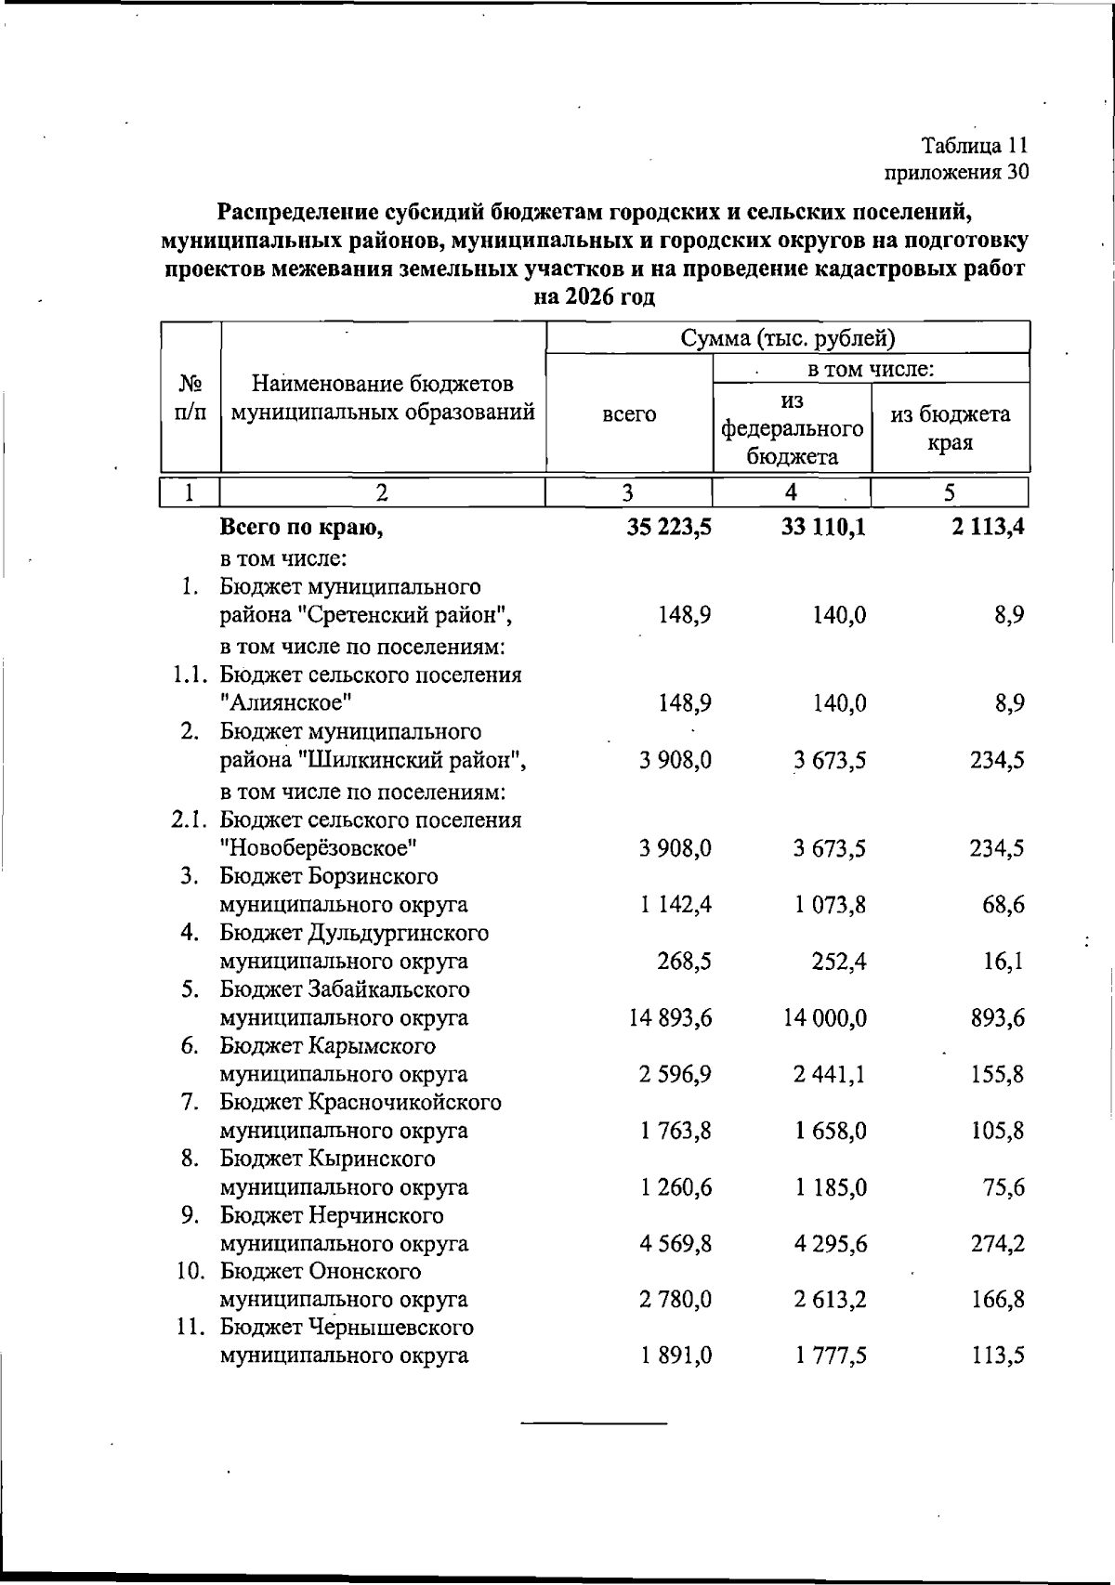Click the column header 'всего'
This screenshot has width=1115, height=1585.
click(629, 415)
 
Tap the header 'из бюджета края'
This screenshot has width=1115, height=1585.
click(950, 427)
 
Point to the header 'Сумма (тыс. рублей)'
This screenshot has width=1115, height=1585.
click(787, 337)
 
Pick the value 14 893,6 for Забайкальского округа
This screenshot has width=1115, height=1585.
click(671, 1018)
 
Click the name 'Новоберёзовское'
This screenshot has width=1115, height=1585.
click(318, 848)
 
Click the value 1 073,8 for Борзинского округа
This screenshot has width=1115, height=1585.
click(830, 905)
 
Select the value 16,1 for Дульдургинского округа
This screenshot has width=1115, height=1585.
click(1003, 962)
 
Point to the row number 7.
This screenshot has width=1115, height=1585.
click(190, 1103)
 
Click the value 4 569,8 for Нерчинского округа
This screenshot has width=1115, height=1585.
click(676, 1244)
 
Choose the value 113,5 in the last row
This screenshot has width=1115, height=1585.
click(998, 1356)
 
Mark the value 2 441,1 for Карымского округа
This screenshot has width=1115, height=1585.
click(830, 1075)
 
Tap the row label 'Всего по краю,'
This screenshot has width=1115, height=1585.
click(302, 529)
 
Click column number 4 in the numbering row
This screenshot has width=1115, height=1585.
click(791, 492)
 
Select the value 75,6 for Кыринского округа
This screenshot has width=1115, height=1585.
click(1003, 1188)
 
